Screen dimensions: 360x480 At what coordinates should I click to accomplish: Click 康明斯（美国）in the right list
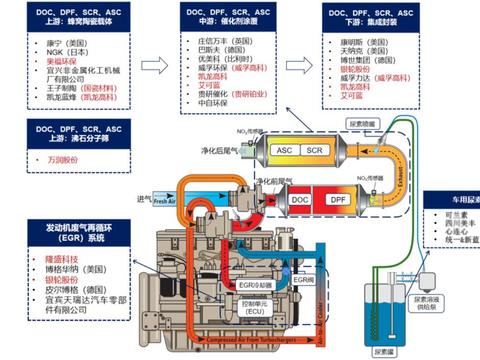coord(359,41)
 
